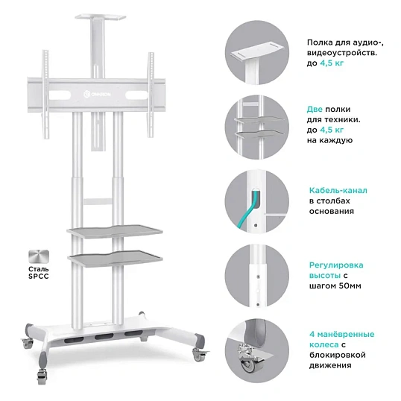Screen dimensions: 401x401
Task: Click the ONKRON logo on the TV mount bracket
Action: coord(97,95)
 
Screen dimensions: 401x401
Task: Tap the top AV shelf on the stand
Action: coord(101,17)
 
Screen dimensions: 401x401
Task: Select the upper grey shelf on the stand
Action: coord(115,231)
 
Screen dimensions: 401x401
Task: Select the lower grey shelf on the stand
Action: coord(115,257)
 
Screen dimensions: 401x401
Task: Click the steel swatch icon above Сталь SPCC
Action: coord(39,256)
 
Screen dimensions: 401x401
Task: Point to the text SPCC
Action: coord(39,277)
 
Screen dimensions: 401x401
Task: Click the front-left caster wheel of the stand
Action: coord(42,374)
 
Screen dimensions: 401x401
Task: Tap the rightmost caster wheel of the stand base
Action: coord(198,355)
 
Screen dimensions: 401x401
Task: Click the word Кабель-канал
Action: coord(338,191)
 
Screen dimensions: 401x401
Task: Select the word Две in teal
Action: coord(315,110)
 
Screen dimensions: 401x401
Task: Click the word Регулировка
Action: coord(336,265)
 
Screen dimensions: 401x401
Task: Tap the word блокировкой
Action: coord(338,356)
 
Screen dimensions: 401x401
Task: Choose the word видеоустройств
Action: coord(342,53)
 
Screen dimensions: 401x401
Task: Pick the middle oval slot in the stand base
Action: coord(104,337)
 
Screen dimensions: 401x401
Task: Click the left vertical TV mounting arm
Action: coord(45,95)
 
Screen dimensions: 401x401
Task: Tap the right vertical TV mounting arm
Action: coord(151,95)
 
